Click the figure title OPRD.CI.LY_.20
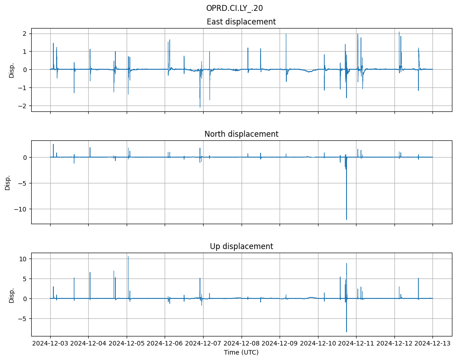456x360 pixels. [234, 8]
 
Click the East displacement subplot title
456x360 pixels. [241, 22]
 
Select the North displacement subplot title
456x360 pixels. [241, 134]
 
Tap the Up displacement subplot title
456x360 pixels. [241, 246]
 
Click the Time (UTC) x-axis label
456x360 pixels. [241, 352]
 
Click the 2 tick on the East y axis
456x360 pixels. [25, 34]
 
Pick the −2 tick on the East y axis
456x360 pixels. [24, 106]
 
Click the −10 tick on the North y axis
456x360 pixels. [20, 209]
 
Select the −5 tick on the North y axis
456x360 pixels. [22, 183]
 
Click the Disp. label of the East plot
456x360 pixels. [12, 70]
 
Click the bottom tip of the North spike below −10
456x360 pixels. [347, 220]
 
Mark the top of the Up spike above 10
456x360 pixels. [128, 257]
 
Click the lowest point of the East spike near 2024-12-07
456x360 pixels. [200, 107]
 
